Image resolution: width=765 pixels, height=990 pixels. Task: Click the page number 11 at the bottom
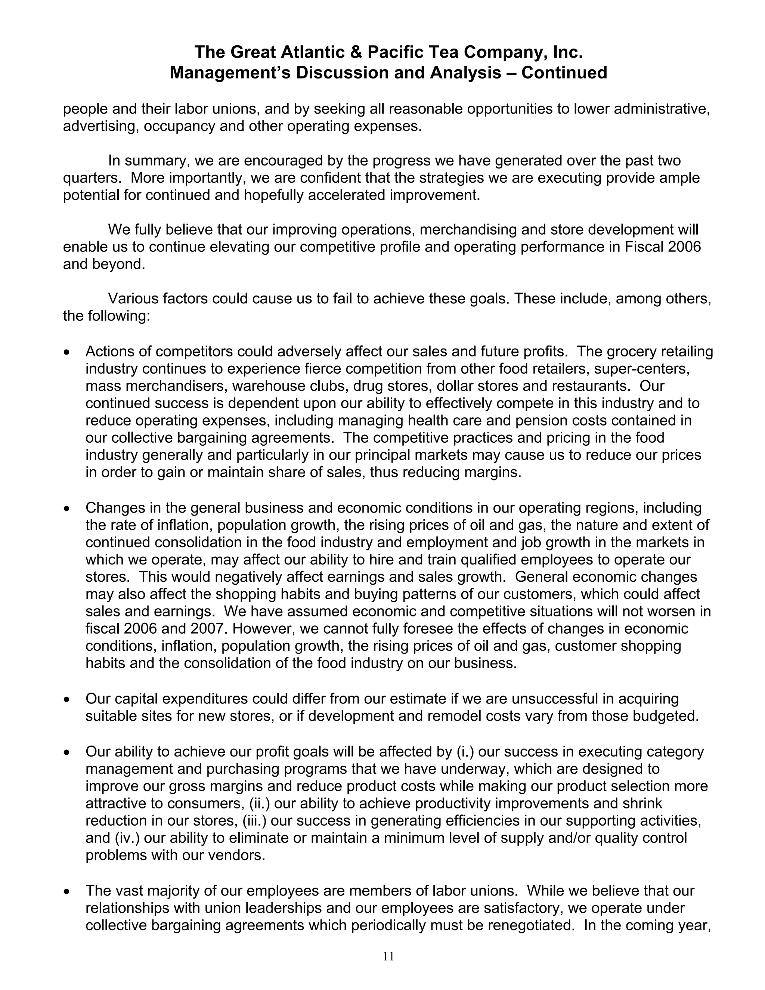click(388, 956)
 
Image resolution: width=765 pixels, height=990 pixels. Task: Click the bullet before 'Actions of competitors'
click(67, 352)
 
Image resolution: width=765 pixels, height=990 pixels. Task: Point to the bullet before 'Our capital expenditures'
click(67, 700)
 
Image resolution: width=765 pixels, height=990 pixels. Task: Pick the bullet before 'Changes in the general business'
click(67, 508)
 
